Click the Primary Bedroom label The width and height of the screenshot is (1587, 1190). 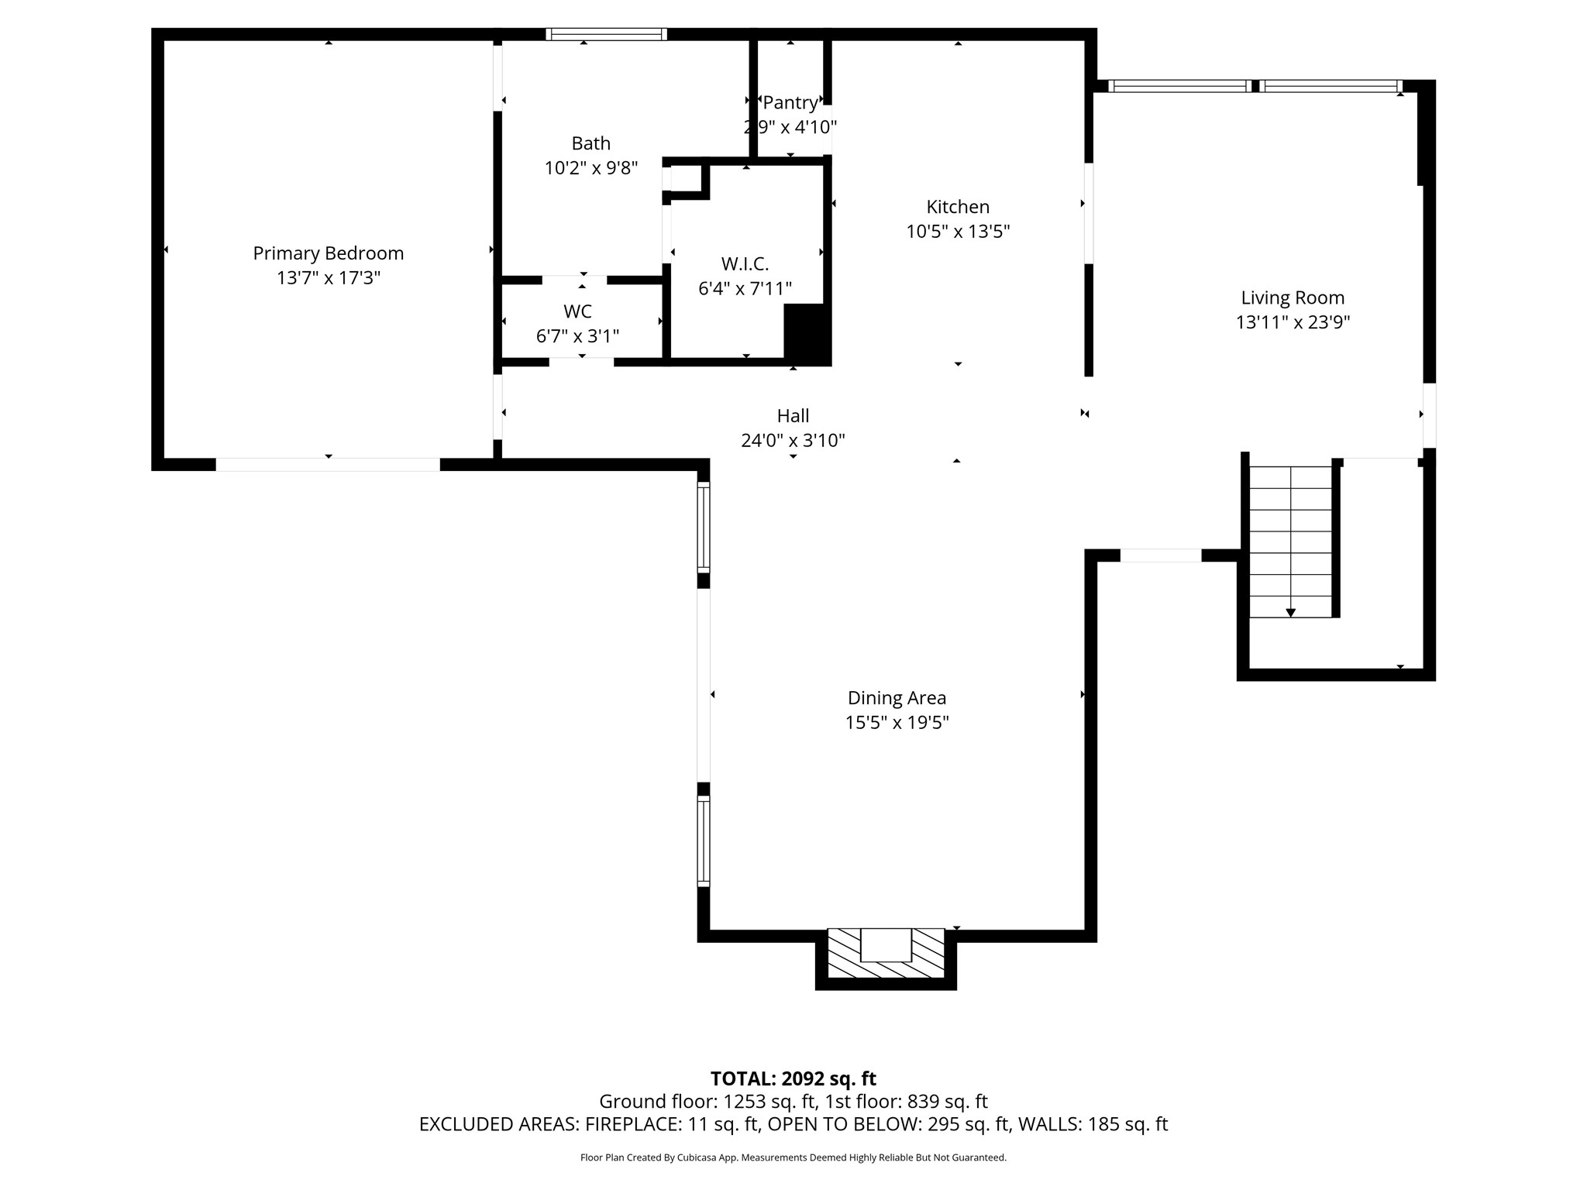pos(328,253)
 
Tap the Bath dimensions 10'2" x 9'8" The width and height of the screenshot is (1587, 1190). pos(590,168)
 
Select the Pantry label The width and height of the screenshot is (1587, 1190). pos(790,103)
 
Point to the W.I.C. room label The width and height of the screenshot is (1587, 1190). pos(745,264)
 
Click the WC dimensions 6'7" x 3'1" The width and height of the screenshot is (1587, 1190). pos(577,336)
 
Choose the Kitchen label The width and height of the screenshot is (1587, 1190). pos(958,207)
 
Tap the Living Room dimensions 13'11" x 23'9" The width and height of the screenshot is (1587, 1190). pos(1293,322)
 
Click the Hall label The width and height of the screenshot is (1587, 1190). pos(793,416)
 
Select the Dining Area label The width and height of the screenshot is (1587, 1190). pos(897,698)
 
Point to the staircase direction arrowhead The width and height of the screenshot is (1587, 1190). pos(1290,613)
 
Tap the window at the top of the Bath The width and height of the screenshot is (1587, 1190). pos(606,34)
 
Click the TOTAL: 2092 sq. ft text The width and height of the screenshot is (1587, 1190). pos(793,1078)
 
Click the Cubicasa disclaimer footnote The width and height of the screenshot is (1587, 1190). pos(793,1157)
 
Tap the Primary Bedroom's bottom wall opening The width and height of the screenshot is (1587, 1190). pos(328,465)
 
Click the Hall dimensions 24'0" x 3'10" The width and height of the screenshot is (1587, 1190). pos(793,441)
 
